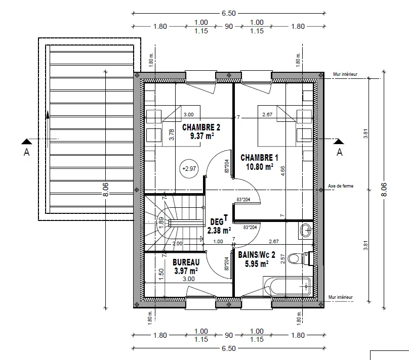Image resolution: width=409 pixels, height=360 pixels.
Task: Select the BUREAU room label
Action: [186, 262]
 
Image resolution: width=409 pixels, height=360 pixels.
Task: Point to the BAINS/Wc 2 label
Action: [257, 255]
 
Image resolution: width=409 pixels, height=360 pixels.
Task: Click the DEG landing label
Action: [217, 221]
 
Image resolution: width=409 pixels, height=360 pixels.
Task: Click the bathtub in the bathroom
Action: [287, 287]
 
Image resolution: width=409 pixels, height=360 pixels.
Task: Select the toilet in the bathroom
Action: [296, 259]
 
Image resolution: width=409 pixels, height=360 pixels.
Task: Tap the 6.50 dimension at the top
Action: [228, 13]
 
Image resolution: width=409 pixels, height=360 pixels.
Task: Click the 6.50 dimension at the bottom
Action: [228, 348]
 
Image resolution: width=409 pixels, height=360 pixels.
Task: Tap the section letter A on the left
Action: [26, 152]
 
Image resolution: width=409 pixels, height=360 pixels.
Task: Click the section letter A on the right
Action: [340, 151]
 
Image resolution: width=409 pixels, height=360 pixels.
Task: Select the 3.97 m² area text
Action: [186, 271]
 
